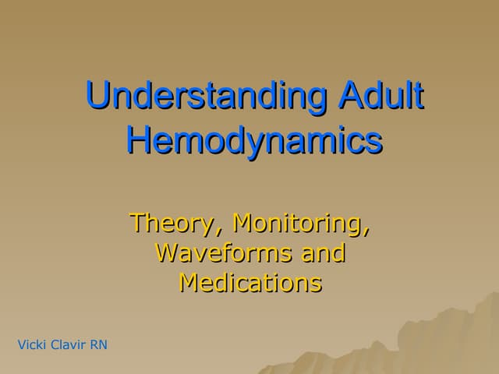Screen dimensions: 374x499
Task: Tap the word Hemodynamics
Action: coord(254,143)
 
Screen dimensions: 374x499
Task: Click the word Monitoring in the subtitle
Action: coord(301,223)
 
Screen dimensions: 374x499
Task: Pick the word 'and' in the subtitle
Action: coord(320,252)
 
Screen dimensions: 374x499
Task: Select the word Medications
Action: coord(250,281)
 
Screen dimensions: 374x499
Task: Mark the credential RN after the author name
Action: coord(98,344)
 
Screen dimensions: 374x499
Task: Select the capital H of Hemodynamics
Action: coord(139,143)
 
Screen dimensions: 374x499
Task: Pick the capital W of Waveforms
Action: coord(168,252)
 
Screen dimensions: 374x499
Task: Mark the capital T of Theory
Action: coord(137,223)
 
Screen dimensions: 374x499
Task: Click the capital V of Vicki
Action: coord(21,344)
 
